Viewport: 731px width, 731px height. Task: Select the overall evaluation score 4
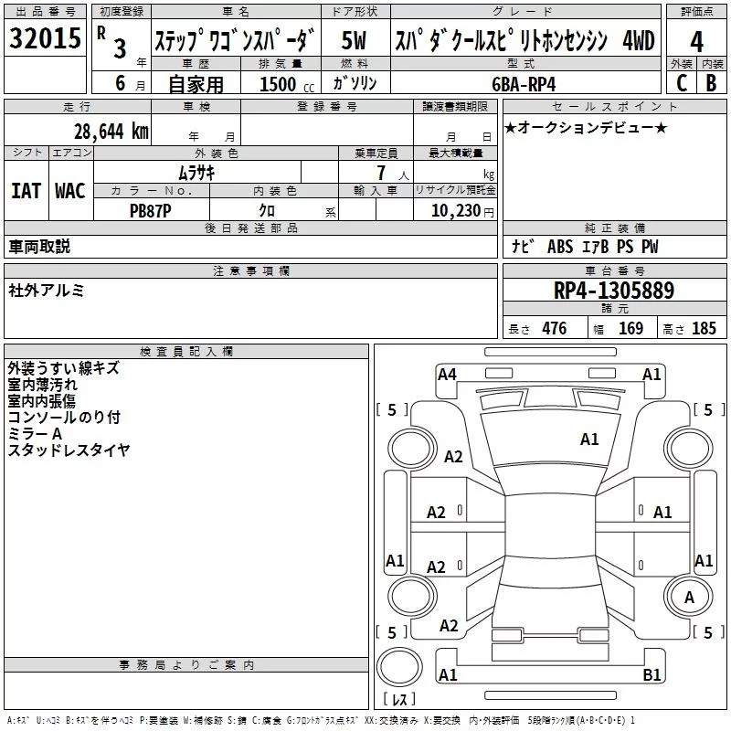696,41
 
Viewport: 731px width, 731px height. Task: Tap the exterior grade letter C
681,82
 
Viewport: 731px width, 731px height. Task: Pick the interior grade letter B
711,82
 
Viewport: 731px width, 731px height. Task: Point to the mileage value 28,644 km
111,131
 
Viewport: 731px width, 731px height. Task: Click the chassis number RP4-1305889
614,291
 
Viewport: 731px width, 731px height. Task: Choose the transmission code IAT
25,191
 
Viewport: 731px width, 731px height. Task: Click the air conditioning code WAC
70,191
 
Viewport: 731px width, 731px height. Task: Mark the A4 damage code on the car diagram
447,374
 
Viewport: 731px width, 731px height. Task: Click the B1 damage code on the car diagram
652,675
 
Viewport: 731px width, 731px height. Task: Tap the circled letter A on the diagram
689,597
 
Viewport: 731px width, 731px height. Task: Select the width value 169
630,329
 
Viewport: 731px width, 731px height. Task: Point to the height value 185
704,329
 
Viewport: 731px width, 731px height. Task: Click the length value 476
554,329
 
